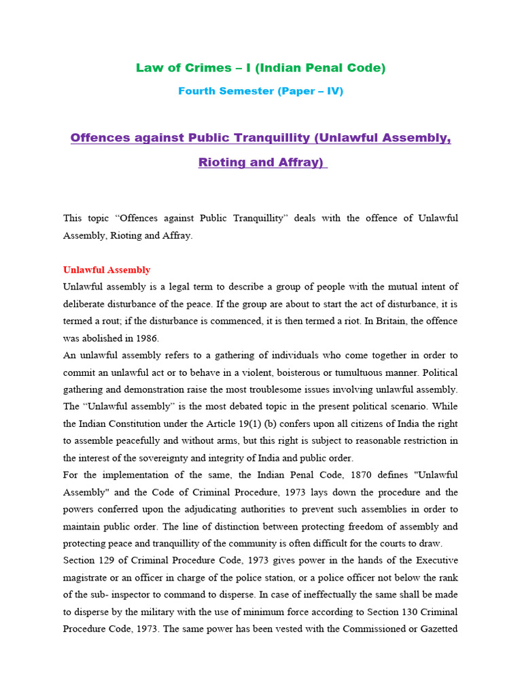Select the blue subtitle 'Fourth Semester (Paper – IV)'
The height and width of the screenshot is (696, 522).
coord(261,91)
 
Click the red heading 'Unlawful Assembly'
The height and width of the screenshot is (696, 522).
coord(107,270)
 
